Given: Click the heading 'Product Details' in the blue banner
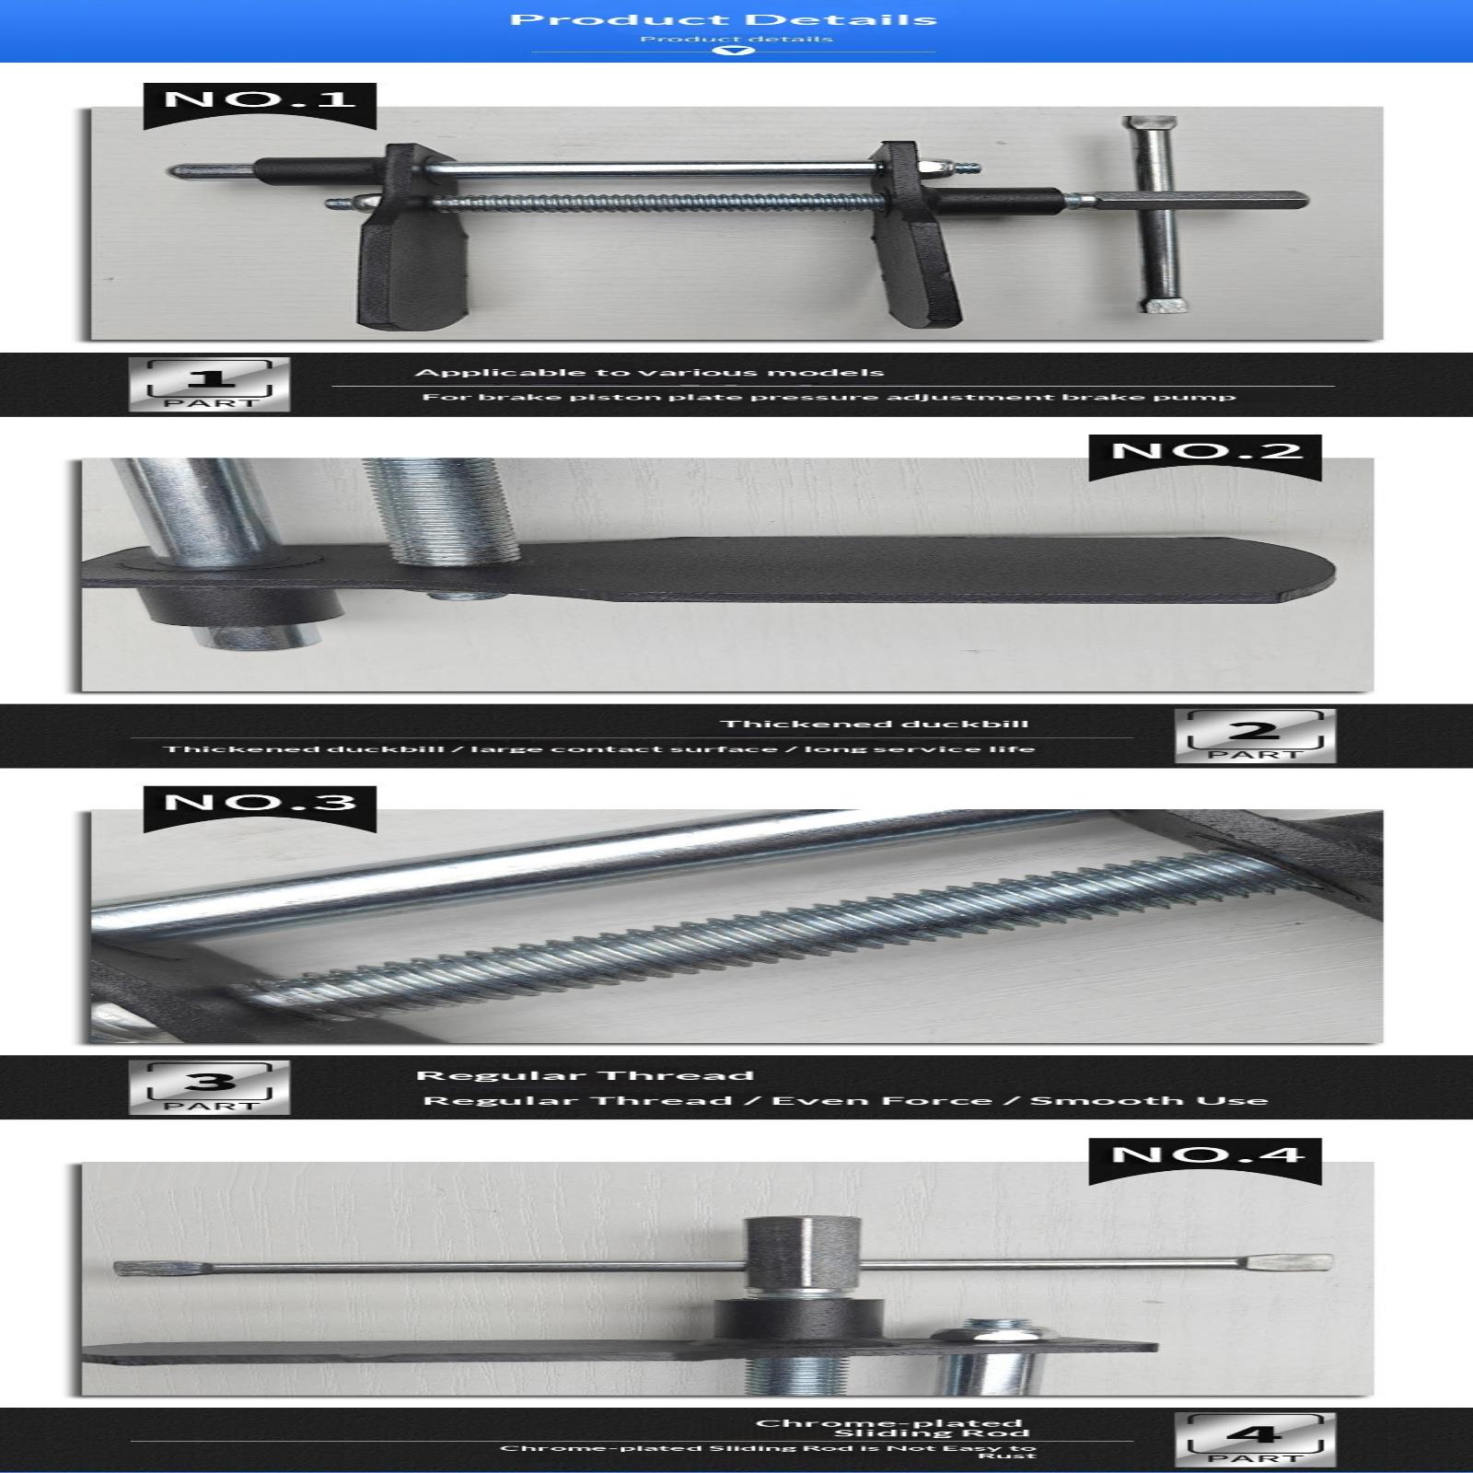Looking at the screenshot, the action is [x=723, y=19].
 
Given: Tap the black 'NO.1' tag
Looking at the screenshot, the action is [x=260, y=104].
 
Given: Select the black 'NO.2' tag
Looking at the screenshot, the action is [x=1206, y=456].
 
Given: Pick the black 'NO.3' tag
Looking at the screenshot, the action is [x=260, y=807].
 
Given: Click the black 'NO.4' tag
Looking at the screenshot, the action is [x=1206, y=1160].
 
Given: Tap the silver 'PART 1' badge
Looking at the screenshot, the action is [x=210, y=384].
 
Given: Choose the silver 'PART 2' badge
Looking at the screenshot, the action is [x=1255, y=736].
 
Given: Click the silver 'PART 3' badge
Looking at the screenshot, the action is [x=210, y=1087].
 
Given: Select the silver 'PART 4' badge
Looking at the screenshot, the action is [x=1255, y=1440].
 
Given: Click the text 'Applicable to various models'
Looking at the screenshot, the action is [x=649, y=373].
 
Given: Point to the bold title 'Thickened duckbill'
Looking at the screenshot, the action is [x=875, y=724].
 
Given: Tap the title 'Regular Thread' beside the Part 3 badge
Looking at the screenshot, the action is [x=585, y=1075].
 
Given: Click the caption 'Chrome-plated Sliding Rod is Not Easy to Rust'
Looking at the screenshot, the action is [x=769, y=1451].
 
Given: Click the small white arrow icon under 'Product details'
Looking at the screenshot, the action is [x=735, y=51].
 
